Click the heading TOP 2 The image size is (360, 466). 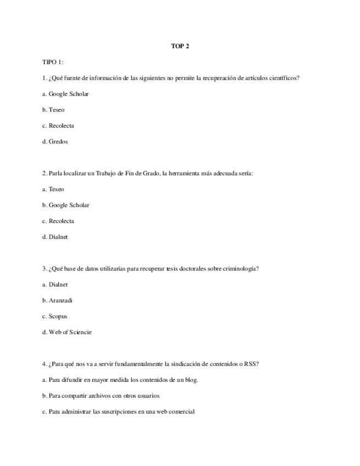pos(180,46)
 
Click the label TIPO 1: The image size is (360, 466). pos(53,62)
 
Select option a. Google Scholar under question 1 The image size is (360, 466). pos(65,94)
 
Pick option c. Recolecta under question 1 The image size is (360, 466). pos(58,126)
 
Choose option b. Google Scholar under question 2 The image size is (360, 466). pos(65,205)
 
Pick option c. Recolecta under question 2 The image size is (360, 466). pos(58,221)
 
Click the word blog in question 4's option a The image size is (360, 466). pos(190,380)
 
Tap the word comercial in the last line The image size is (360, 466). pos(181,412)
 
